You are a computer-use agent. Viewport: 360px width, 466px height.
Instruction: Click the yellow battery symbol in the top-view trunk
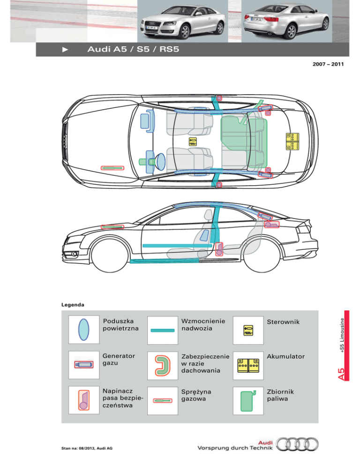[x=292, y=142]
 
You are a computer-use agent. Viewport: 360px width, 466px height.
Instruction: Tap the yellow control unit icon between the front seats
[x=193, y=142]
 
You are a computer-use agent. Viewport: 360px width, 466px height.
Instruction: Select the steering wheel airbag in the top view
[x=160, y=162]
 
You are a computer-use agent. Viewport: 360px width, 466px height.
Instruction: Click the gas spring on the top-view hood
[x=112, y=168]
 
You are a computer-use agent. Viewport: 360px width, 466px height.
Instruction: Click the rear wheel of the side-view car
[x=262, y=255]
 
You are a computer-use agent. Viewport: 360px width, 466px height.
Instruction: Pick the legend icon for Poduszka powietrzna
[x=83, y=330]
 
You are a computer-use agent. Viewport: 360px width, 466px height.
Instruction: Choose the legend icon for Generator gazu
[x=84, y=364]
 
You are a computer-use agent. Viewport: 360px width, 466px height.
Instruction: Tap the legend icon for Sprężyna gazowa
[x=163, y=401]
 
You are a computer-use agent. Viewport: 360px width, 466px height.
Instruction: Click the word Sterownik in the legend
[x=283, y=322]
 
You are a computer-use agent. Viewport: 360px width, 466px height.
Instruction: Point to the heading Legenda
[x=73, y=305]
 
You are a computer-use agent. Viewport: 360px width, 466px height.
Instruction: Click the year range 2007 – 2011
[x=328, y=64]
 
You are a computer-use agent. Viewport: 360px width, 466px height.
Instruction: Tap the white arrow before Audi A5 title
[x=65, y=50]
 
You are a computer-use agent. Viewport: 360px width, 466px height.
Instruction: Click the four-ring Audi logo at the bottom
[x=297, y=444]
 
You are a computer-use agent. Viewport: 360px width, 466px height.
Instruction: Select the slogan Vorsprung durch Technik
[x=235, y=448]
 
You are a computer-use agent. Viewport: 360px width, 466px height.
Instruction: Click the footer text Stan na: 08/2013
[x=78, y=448]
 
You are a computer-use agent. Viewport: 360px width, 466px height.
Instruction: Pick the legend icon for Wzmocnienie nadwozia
[x=163, y=331]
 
